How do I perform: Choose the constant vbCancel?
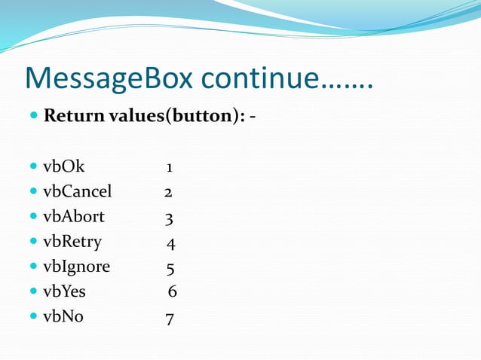point(77,192)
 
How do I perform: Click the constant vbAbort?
point(73,218)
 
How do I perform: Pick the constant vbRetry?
point(72,243)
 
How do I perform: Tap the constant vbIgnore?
point(76,267)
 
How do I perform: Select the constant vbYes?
point(64,292)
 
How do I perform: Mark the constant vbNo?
point(63,317)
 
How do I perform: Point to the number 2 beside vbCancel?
point(169,193)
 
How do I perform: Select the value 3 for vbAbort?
point(170,218)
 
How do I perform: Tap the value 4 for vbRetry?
point(171,243)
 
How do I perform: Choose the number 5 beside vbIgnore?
point(171,268)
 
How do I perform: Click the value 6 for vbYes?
point(173,292)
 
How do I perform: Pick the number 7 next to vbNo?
point(170,319)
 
